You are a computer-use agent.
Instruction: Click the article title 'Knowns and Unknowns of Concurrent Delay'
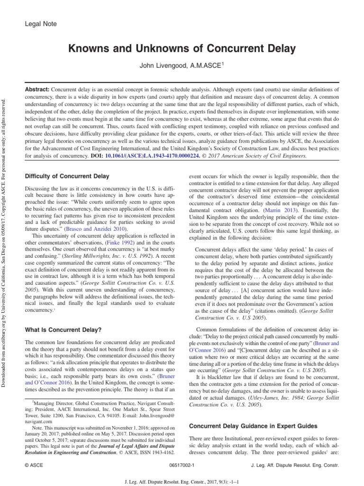click(x=182, y=48)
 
